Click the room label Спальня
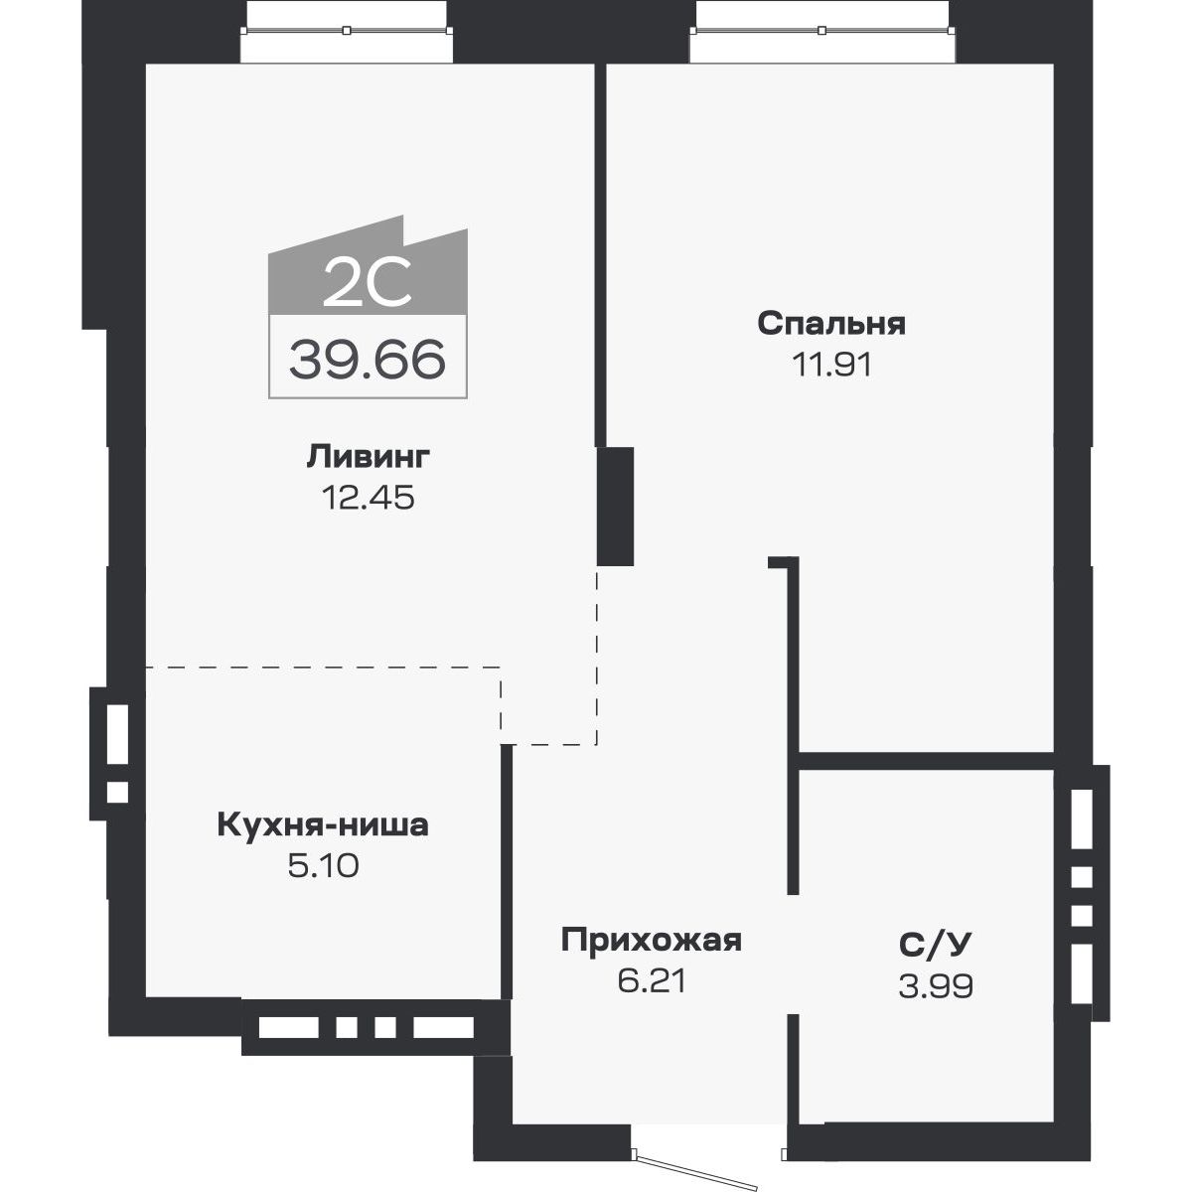pyautogui.click(x=830, y=324)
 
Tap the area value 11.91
pyautogui.click(x=830, y=365)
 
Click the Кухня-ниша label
pyautogui.click(x=322, y=825)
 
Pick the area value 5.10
pyautogui.click(x=322, y=866)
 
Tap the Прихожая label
pyautogui.click(x=651, y=940)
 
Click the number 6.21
pyautogui.click(x=651, y=981)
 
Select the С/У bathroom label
pyautogui.click(x=933, y=945)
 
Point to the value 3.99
pyautogui.click(x=933, y=985)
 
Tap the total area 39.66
pyautogui.click(x=367, y=359)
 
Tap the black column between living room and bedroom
pyautogui.click(x=616, y=507)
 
